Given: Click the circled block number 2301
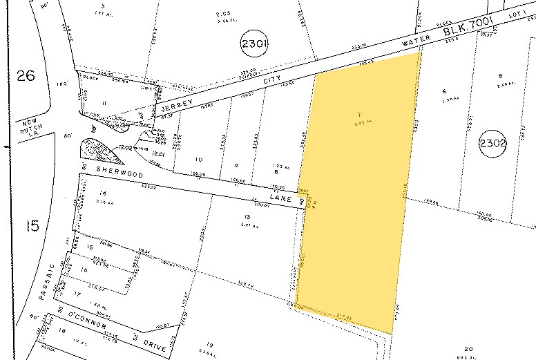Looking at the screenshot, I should [x=253, y=45].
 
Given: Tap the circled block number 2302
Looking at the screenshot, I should [x=492, y=144].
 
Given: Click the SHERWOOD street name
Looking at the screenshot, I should [x=115, y=168].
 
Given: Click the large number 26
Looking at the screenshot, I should [x=25, y=76].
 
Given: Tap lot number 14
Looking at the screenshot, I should [x=104, y=192].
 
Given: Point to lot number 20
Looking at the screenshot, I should [x=470, y=348].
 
